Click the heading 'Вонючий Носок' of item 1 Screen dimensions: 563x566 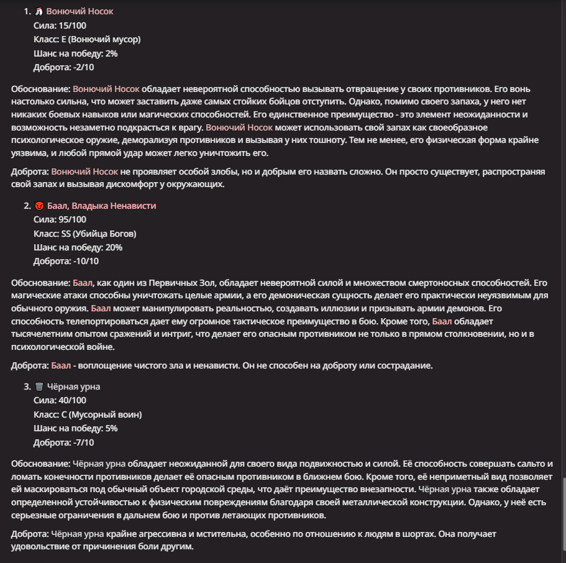(80, 12)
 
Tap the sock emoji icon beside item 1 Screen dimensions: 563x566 (39, 12)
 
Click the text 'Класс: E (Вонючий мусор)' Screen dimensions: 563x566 (87, 39)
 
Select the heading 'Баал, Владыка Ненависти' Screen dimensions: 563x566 (101, 206)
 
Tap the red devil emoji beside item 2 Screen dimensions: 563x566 (39, 206)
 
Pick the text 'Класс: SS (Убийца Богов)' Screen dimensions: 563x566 (84, 234)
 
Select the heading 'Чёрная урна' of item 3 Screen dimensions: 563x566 (73, 387)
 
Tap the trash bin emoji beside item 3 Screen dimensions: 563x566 (39, 387)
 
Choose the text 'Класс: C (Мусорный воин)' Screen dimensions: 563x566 (88, 414)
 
